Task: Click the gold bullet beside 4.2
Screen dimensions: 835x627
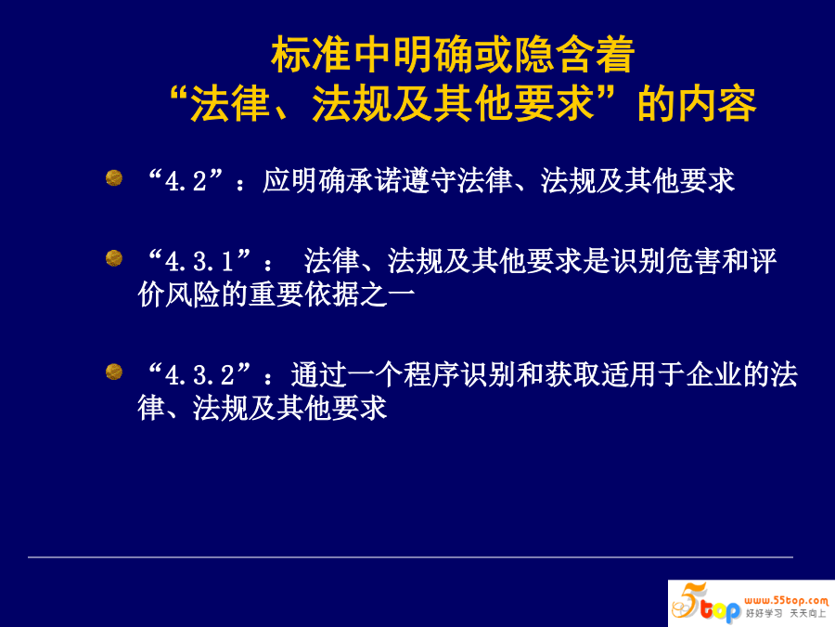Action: pos(114,177)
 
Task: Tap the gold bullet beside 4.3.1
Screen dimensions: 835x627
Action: pos(114,258)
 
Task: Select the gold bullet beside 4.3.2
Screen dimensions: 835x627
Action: pos(114,372)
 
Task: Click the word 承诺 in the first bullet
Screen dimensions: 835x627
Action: pos(374,181)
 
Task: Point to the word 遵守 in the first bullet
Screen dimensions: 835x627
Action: pos(430,181)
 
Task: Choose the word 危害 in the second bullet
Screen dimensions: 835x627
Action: pos(693,261)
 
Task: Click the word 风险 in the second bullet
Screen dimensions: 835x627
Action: pos(193,294)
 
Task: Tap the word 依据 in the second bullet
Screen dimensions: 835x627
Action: pos(332,294)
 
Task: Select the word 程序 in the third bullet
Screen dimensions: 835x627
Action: pos(430,374)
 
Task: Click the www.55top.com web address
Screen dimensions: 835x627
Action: pos(787,600)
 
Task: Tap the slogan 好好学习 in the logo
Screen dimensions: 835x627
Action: pos(764,614)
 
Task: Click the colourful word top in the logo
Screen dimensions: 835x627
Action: pos(720,609)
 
